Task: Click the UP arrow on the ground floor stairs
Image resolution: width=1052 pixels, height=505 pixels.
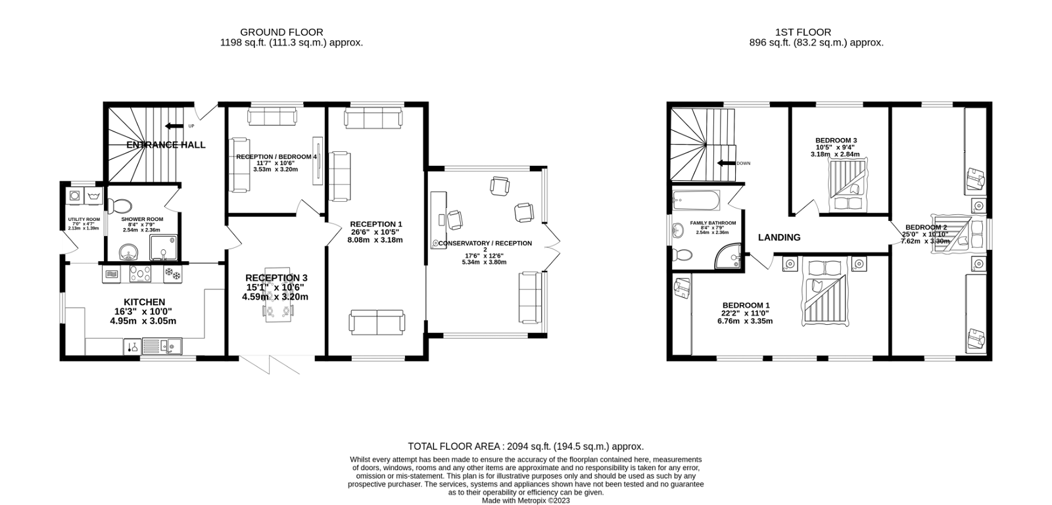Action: pos(174,126)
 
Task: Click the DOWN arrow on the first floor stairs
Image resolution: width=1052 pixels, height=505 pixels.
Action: pos(725,163)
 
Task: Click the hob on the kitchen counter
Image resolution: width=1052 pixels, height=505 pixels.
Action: pos(141,274)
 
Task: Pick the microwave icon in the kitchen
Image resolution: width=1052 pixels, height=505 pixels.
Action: pos(112,274)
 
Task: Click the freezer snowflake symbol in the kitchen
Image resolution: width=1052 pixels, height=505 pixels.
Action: pos(172,274)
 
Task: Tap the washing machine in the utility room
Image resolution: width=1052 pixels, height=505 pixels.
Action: pos(74,196)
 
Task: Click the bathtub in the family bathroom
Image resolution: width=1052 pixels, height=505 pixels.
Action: pos(696,197)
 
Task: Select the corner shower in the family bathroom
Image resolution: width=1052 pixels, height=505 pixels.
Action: pos(729,257)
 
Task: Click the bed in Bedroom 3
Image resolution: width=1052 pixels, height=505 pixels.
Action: pos(848,184)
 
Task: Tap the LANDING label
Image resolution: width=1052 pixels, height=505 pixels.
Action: pos(779,237)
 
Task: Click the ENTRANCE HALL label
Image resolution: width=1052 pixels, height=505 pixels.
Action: pos(166,145)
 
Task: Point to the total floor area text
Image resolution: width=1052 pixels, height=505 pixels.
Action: pos(525,446)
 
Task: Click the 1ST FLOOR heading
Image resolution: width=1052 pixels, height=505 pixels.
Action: pos(802,32)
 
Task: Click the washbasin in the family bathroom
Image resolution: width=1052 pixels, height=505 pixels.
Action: pos(679,230)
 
